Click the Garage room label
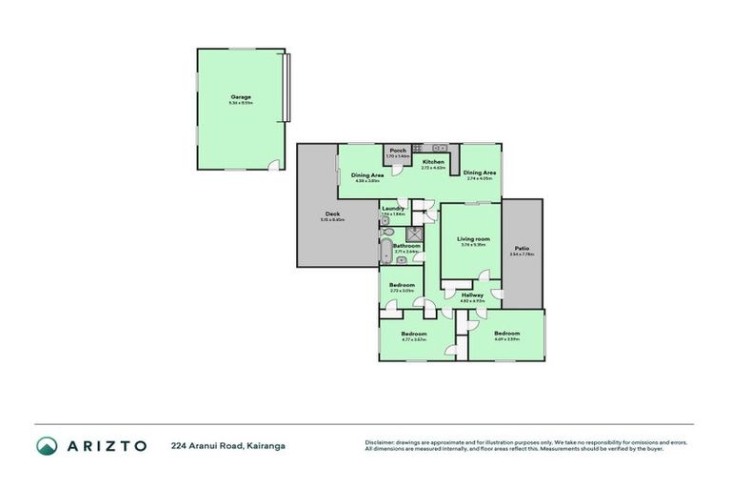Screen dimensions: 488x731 click(x=239, y=96)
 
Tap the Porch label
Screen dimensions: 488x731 click(x=398, y=150)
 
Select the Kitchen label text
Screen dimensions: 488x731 click(x=433, y=162)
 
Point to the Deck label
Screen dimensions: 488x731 click(x=332, y=213)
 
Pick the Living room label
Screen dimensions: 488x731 click(x=473, y=238)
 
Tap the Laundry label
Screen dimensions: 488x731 click(x=393, y=209)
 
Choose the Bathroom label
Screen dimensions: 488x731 click(x=407, y=245)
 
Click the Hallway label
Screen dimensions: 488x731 click(x=472, y=295)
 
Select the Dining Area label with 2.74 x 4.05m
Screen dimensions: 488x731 click(x=479, y=173)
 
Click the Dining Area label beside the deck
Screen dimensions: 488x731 click(x=367, y=175)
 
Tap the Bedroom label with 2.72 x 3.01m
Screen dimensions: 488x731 click(x=402, y=284)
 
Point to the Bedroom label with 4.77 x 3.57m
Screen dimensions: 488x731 click(x=413, y=334)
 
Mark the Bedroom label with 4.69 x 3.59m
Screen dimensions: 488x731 click(x=505, y=333)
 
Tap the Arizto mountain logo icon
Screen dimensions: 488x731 click(x=47, y=445)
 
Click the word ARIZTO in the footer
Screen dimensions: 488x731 click(x=107, y=445)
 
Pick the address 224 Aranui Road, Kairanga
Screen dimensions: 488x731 click(x=227, y=445)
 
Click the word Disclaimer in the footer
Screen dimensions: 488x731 click(x=381, y=442)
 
